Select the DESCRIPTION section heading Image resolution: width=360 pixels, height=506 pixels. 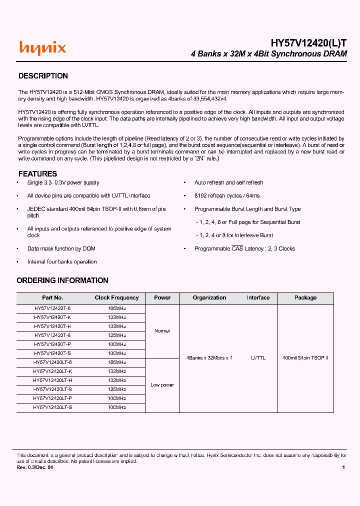pyautogui.click(x=43, y=76)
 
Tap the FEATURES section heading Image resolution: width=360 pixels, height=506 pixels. pyautogui.click(x=37, y=174)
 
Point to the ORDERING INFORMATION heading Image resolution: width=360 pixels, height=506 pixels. pyautogui.click(x=62, y=280)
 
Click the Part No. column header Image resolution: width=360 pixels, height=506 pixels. pyautogui.click(x=52, y=297)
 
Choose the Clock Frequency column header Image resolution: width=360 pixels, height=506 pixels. pyautogui.click(x=116, y=297)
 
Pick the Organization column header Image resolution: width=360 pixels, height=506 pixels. pyautogui.click(x=209, y=297)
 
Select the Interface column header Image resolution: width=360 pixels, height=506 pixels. pyautogui.click(x=258, y=297)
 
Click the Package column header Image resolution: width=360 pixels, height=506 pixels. pyautogui.click(x=305, y=297)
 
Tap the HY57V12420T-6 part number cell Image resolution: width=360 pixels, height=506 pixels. pyautogui.click(x=52, y=309)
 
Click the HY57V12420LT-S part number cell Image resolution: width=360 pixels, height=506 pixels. pyautogui.click(x=52, y=407)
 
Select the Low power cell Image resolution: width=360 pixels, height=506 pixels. pyautogui.click(x=162, y=385)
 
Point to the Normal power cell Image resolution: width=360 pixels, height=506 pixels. pyautogui.click(x=162, y=331)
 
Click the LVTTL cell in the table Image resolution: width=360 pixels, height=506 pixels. pyautogui.click(x=258, y=358)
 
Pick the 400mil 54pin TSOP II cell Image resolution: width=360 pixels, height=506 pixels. pyautogui.click(x=305, y=358)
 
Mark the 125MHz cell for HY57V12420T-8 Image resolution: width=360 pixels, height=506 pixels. pyautogui.click(x=116, y=335)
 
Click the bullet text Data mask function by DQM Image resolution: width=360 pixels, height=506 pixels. pyautogui.click(x=61, y=248)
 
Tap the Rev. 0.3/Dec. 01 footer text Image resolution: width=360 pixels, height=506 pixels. pyautogui.click(x=34, y=467)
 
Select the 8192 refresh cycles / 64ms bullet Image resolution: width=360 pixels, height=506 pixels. pyautogui.click(x=226, y=196)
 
